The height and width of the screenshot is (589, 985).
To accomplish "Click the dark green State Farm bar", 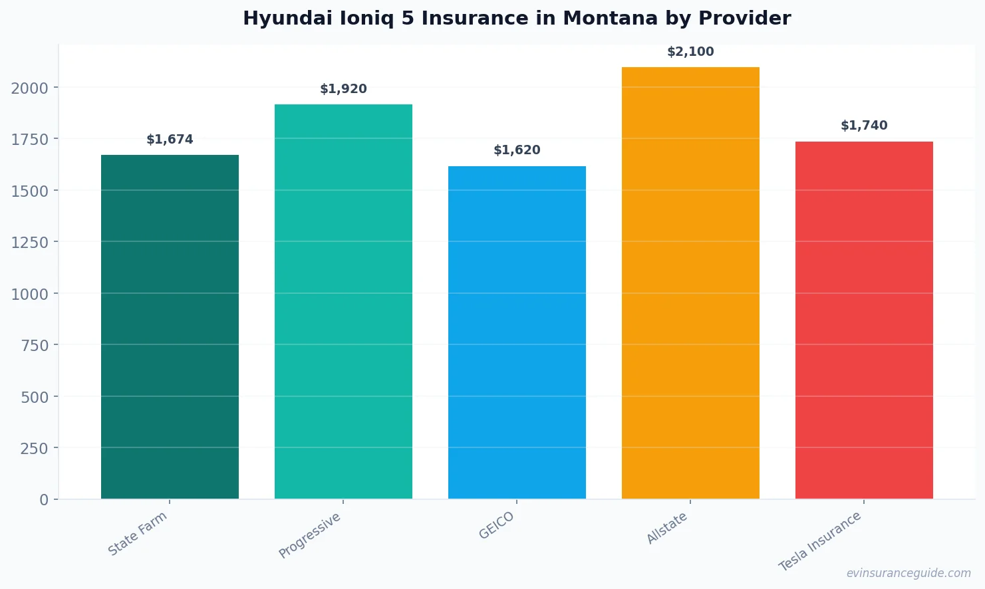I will click(170, 326).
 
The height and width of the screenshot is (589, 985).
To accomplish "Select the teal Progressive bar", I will click(343, 301).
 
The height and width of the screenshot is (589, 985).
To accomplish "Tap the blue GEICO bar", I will click(517, 332).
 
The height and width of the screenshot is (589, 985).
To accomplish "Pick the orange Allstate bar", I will click(690, 283).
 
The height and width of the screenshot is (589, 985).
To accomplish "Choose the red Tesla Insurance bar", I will click(864, 320).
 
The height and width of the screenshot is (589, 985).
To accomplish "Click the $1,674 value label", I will click(170, 140).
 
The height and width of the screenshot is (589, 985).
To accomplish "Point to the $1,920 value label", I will click(343, 89).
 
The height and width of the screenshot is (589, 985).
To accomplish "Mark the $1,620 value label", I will click(517, 150).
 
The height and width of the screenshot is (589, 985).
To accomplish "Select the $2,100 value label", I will click(690, 52).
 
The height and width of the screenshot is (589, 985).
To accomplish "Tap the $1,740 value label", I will click(864, 126).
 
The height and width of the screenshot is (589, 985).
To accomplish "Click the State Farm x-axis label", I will click(138, 534).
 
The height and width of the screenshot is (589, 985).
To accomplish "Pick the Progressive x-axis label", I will click(310, 535).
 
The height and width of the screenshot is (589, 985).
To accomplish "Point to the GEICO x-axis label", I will click(497, 525).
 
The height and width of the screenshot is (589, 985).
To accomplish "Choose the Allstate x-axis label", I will click(667, 529).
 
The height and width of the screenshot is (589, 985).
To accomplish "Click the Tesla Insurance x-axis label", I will click(820, 541).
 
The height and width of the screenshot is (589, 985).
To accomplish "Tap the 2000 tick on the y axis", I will click(30, 88).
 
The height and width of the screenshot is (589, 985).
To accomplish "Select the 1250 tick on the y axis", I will click(30, 243).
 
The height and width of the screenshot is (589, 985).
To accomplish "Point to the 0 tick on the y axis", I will click(44, 500).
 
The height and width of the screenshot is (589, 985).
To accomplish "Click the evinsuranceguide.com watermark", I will click(909, 573).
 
